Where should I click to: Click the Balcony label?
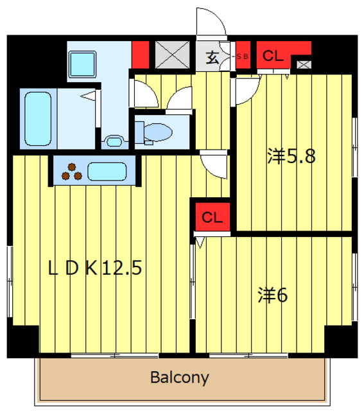[x=180, y=377]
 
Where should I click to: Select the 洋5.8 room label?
[x=291, y=156]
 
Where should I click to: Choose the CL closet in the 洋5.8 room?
[x=273, y=56]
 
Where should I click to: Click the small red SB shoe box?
[x=243, y=57]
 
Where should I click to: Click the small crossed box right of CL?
[x=303, y=64]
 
